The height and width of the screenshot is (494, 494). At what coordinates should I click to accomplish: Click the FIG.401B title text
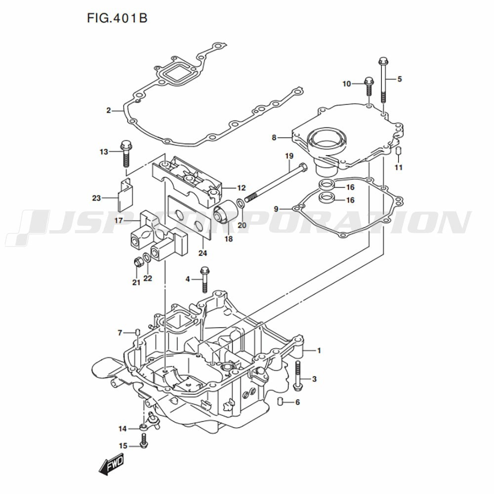tap(117, 19)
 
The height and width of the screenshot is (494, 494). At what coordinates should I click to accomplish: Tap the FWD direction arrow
tap(111, 464)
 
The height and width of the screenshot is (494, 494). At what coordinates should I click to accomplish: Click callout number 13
tap(103, 152)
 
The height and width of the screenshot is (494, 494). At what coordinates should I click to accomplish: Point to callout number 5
tap(400, 79)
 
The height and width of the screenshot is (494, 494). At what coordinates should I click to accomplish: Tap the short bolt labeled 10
tap(369, 87)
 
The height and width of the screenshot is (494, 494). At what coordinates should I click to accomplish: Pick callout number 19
tap(289, 156)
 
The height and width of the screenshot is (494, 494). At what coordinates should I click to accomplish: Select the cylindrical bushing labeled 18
tap(226, 213)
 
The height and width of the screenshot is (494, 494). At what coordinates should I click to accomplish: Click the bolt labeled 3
tap(298, 376)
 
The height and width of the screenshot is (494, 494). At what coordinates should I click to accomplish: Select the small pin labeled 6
tap(281, 401)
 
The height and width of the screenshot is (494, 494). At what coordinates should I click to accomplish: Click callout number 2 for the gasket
tap(109, 110)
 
